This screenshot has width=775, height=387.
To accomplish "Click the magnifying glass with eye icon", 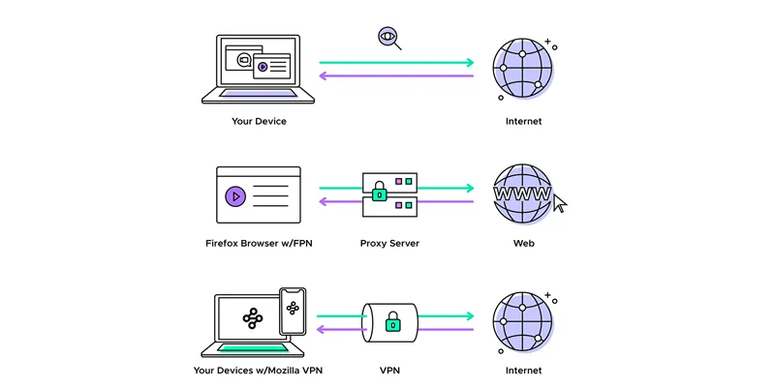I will (x=388, y=39).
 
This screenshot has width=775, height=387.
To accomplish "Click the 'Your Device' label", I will (x=259, y=122).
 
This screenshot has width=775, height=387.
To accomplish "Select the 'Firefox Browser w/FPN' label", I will (x=259, y=243).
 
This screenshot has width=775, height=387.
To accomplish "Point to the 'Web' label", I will (x=523, y=243).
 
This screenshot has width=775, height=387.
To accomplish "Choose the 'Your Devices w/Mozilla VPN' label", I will (x=259, y=370).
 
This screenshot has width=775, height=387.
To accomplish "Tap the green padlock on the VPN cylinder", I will (x=393, y=324).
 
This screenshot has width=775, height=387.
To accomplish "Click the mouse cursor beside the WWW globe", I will (x=560, y=203).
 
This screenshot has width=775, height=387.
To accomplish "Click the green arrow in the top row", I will (x=396, y=63).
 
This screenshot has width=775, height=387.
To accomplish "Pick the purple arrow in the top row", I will (x=396, y=75).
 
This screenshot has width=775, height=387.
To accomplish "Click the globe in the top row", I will (x=523, y=66).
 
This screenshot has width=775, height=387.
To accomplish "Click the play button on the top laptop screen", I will (x=263, y=67).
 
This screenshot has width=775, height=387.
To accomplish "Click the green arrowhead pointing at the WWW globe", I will (x=469, y=189).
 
